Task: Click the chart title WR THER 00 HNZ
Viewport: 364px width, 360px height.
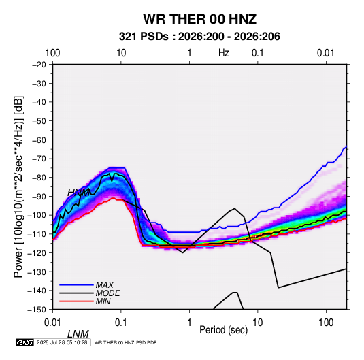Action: [x=199, y=19]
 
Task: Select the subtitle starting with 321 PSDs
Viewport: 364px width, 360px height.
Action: [x=199, y=37]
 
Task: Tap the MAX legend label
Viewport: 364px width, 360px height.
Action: [x=105, y=285]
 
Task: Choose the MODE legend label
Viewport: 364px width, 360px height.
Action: [x=107, y=293]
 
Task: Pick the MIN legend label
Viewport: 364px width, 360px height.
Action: [x=103, y=301]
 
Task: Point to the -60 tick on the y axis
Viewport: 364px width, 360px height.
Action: [x=39, y=140]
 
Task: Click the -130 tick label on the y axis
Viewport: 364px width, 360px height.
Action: [x=37, y=272]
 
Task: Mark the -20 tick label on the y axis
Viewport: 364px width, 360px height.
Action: [x=39, y=65]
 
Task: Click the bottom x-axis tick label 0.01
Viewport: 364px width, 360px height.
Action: [x=52, y=323]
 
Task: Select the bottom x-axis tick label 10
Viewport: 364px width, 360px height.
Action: [x=257, y=323]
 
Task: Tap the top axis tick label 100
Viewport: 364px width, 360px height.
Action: [x=52, y=53]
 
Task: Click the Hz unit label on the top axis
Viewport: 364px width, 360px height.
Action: [x=224, y=53]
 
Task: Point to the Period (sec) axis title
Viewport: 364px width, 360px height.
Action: [x=224, y=330]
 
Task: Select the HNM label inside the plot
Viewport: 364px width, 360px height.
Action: [x=78, y=193]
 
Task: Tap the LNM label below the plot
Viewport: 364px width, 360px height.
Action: [x=78, y=334]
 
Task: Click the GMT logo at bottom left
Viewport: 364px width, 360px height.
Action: [x=24, y=342]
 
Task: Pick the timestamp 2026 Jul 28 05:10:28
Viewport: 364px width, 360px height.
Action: [x=62, y=342]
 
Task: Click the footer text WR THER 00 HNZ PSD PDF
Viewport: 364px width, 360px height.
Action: [x=126, y=342]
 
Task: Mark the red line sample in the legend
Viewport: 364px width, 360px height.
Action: [x=76, y=301]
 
